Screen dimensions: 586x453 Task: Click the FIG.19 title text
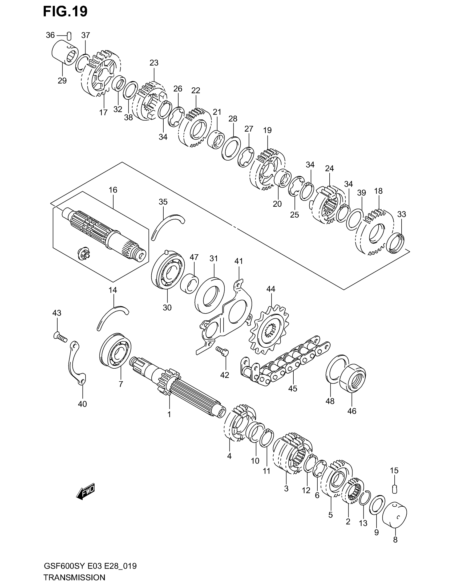65,12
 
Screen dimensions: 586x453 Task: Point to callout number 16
113,190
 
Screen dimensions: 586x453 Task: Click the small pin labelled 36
69,35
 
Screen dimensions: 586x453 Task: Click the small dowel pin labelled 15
394,489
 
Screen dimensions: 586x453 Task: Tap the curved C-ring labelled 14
112,316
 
